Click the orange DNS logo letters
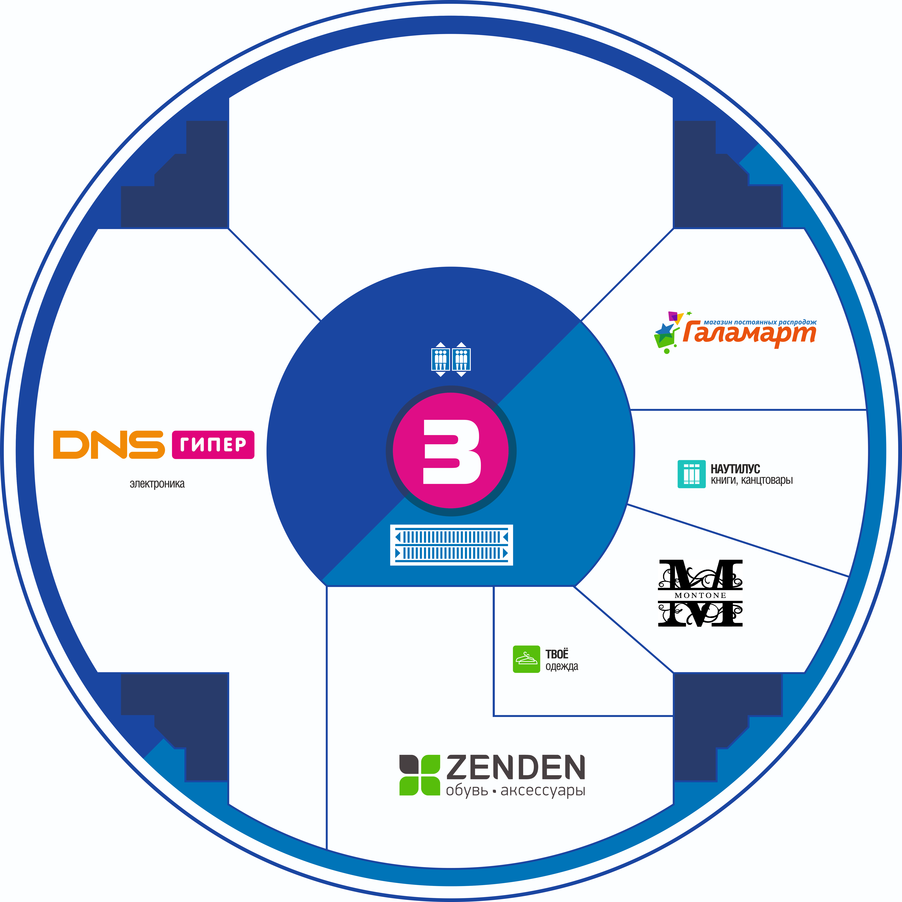tap(109, 444)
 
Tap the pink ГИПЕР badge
tap(213, 444)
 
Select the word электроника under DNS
tap(157, 484)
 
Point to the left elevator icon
tap(440, 359)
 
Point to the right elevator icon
tap(461, 359)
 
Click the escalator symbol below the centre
tap(451, 545)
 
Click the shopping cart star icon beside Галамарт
tap(669, 332)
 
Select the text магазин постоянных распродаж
tap(760, 322)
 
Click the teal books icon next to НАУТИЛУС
tap(691, 474)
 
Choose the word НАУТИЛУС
tap(735, 469)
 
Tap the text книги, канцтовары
tap(752, 480)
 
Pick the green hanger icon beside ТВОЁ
tap(526, 659)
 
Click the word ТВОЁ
tap(557, 654)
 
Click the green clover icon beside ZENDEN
tap(420, 775)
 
